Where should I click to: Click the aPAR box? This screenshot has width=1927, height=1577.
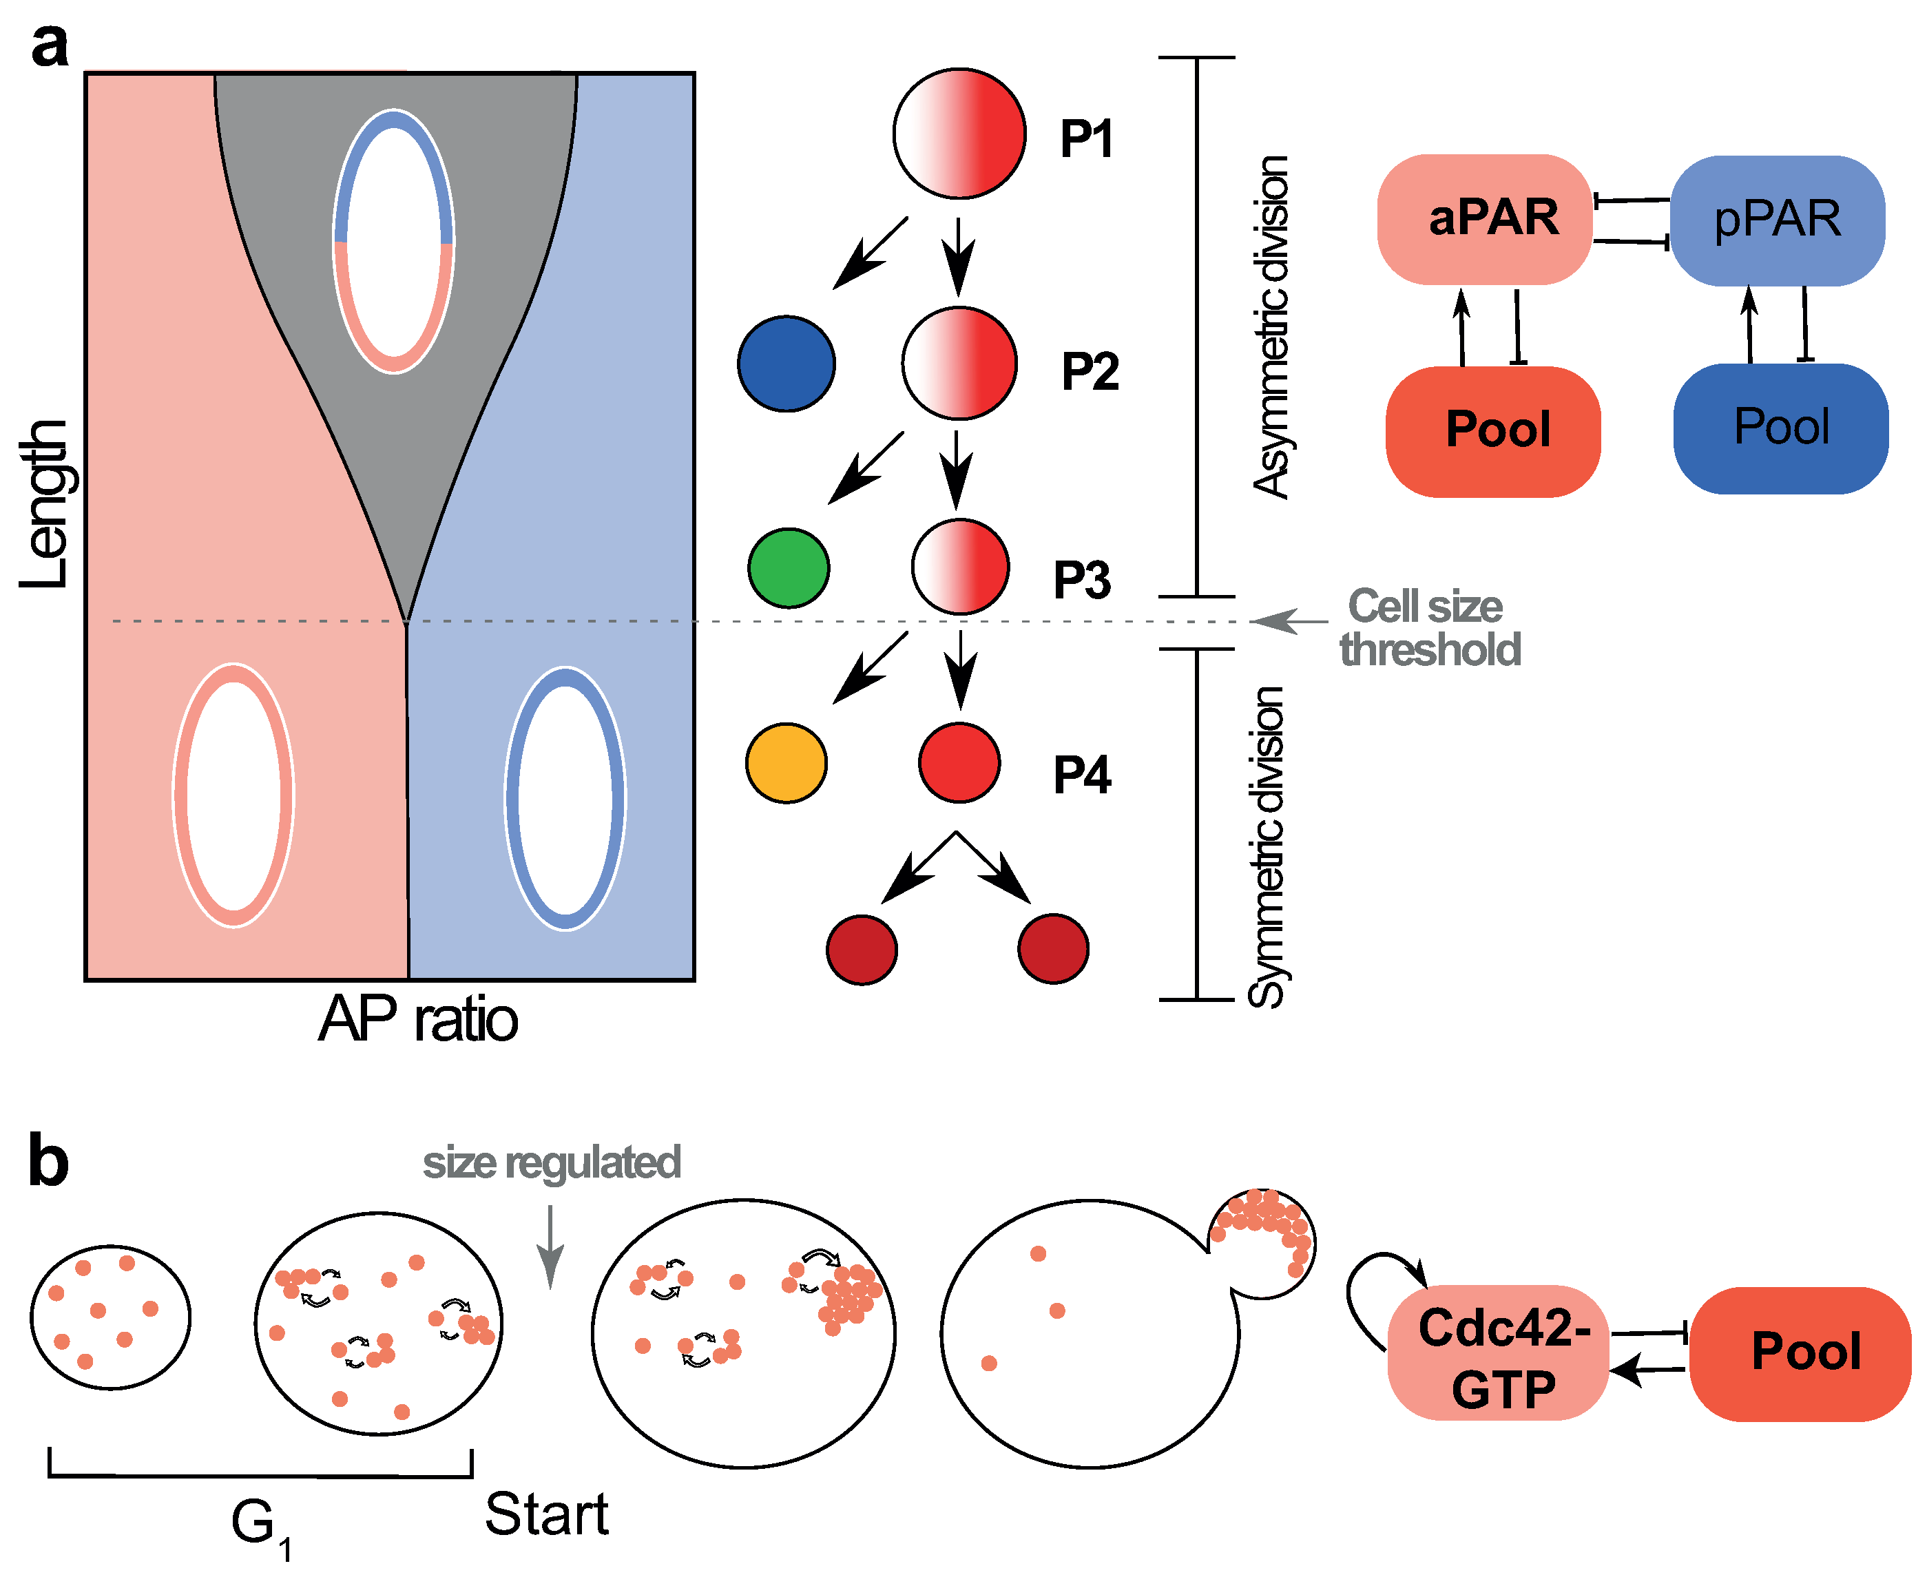click(x=1485, y=219)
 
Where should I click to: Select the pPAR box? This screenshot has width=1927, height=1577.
click(x=1777, y=220)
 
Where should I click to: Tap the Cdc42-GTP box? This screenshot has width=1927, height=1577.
click(x=1498, y=1353)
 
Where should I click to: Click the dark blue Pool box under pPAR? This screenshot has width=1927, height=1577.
click(x=1781, y=428)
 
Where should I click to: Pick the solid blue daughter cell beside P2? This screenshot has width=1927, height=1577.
click(x=786, y=364)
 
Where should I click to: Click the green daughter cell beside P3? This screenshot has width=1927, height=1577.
click(x=788, y=567)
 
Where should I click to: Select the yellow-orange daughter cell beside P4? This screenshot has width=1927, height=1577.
click(x=786, y=762)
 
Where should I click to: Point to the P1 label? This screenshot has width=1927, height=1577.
click(x=1087, y=139)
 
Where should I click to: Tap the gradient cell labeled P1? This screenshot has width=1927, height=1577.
click(x=959, y=133)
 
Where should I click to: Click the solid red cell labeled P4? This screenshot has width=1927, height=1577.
click(x=959, y=762)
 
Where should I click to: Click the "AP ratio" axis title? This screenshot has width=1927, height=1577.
click(x=418, y=1019)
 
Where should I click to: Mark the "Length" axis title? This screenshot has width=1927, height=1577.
click(x=45, y=504)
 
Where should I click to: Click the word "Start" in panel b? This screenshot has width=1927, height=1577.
click(x=546, y=1514)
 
